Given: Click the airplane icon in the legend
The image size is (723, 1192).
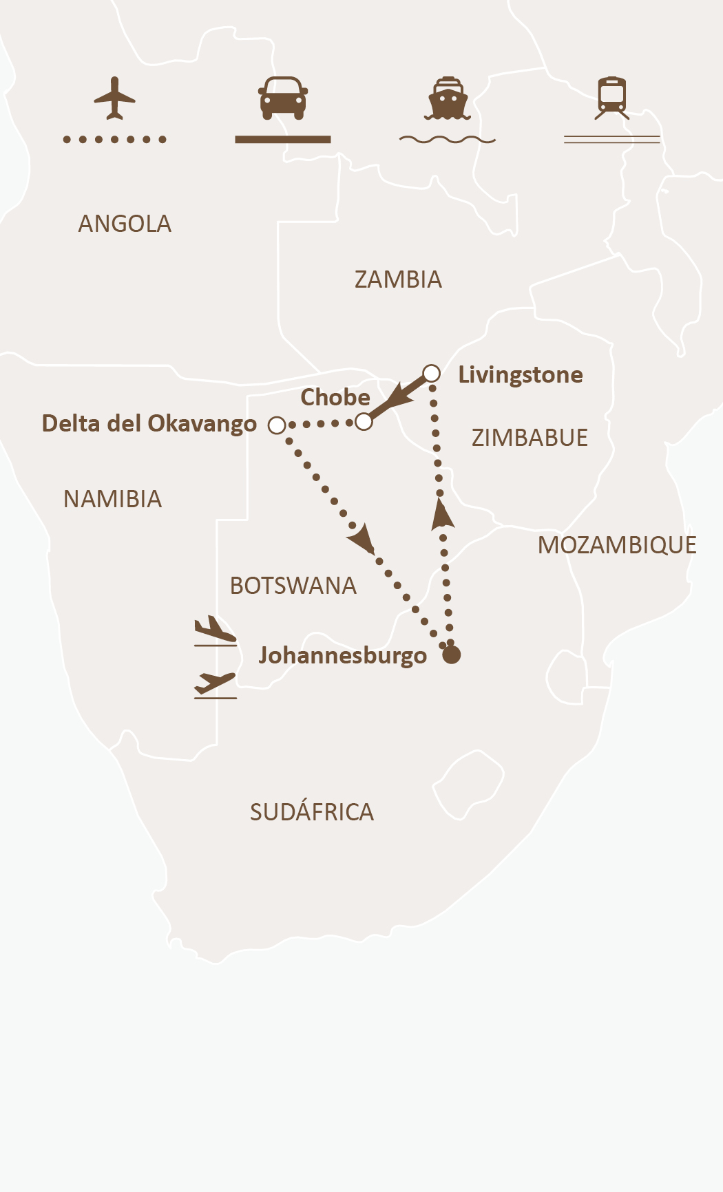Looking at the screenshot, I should tap(114, 98).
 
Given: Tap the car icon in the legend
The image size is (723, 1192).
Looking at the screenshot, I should tap(282, 97).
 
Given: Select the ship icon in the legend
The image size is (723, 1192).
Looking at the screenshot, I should tap(448, 98).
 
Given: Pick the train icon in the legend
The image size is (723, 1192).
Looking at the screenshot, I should tap(611, 98).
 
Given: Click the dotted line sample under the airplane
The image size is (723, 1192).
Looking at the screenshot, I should tap(114, 140).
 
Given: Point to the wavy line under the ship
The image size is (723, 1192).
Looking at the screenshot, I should tap(448, 140).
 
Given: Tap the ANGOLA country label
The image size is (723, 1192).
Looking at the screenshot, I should tap(125, 224).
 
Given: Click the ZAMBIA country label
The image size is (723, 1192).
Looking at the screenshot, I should tap(398, 279).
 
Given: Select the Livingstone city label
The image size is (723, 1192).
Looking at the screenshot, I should tap(520, 374).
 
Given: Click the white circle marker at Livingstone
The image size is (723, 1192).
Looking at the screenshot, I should tap(431, 373).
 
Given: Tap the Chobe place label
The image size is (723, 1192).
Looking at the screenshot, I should tap(335, 397).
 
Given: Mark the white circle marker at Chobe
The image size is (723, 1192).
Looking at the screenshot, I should tap(364, 421).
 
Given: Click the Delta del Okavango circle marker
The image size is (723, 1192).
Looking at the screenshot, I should tap(277, 425).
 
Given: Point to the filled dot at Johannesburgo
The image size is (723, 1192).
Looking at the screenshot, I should tap(451, 654).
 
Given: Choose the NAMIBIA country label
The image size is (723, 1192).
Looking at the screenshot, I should tap(112, 499).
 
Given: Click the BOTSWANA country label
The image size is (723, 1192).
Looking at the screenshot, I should tap(293, 586).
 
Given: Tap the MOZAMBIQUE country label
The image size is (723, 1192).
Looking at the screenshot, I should tap(617, 545).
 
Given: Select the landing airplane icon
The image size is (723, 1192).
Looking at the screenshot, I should tap(215, 630).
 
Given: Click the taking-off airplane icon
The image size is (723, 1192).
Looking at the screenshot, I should tap(215, 685).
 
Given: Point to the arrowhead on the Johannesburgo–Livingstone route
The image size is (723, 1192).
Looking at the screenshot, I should tap(441, 515).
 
